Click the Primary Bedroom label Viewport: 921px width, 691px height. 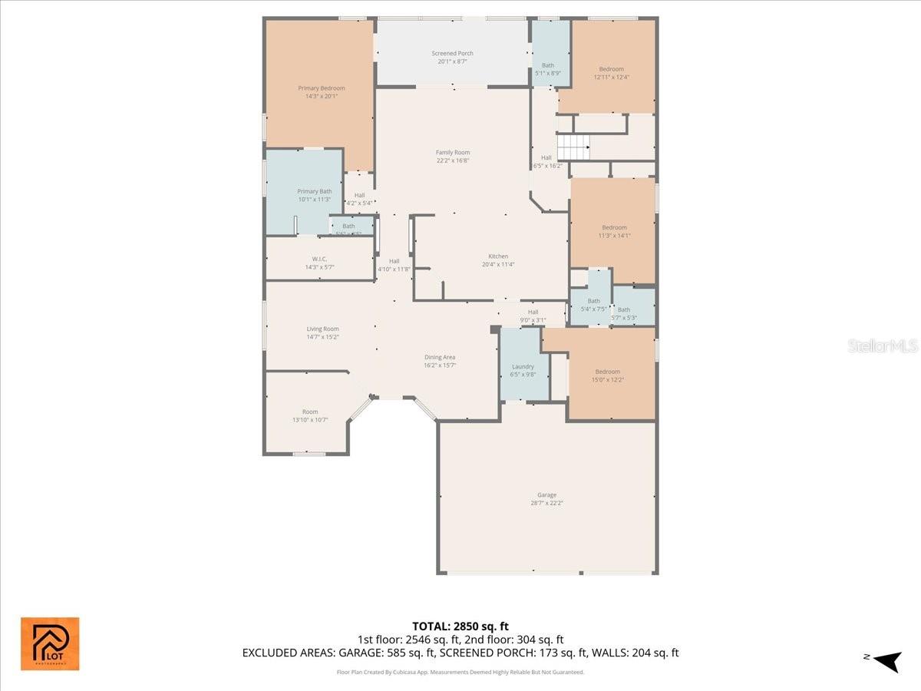coord(322,88)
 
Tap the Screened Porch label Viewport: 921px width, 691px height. coord(452,53)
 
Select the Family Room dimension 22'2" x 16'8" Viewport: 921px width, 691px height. coord(453,160)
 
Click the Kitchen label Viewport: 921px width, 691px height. coord(498,256)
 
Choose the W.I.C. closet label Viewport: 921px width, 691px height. coord(320,260)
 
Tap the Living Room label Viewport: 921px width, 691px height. coord(322,329)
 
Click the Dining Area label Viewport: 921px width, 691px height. coord(440,357)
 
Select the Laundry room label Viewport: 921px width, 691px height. coord(523,367)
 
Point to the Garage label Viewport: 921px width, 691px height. coord(546,495)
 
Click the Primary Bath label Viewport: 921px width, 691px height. coord(315,191)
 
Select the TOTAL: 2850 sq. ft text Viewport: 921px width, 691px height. coord(460,626)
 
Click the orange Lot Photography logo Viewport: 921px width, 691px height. coord(50,643)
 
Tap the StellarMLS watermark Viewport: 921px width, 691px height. coord(883,346)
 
